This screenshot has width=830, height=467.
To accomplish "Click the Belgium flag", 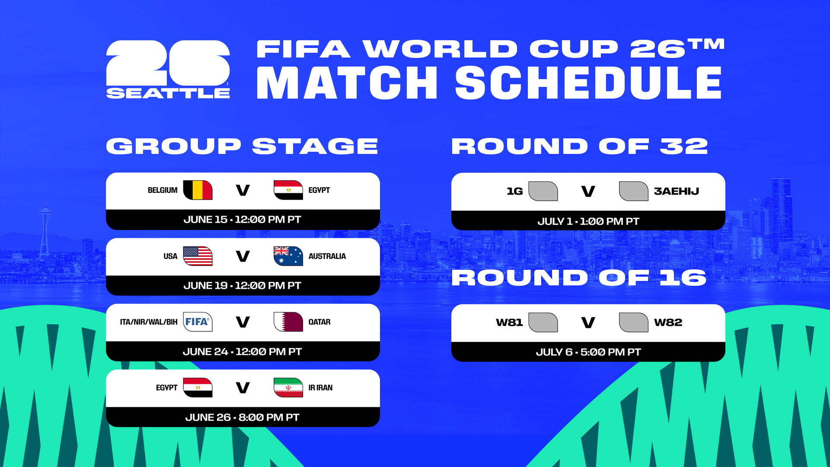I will click(198, 190).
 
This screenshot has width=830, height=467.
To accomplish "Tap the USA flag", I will click(198, 256).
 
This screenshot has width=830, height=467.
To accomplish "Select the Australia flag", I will click(288, 256).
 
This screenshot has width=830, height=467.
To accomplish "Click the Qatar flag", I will click(288, 322).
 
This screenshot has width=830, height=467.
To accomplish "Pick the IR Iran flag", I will click(288, 387).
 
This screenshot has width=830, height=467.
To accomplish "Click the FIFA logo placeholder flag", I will click(198, 322).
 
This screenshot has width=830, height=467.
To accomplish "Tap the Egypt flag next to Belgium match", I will click(288, 190).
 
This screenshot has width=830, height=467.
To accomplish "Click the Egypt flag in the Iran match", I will click(198, 387).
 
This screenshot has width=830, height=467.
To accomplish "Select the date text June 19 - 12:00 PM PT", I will click(242, 285).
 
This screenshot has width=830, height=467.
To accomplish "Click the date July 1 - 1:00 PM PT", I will click(588, 221).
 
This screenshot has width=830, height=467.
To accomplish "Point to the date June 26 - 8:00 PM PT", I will click(242, 417).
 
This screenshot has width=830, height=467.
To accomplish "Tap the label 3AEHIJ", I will click(676, 191).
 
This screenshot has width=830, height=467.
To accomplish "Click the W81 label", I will click(509, 323).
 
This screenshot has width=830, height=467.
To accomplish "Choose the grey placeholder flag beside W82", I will click(633, 323).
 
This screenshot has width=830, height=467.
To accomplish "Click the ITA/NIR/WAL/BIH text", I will click(149, 322).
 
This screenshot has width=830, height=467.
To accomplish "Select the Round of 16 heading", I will click(579, 278).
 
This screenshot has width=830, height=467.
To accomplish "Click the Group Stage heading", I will click(242, 146).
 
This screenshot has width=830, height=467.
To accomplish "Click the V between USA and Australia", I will click(243, 256).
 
